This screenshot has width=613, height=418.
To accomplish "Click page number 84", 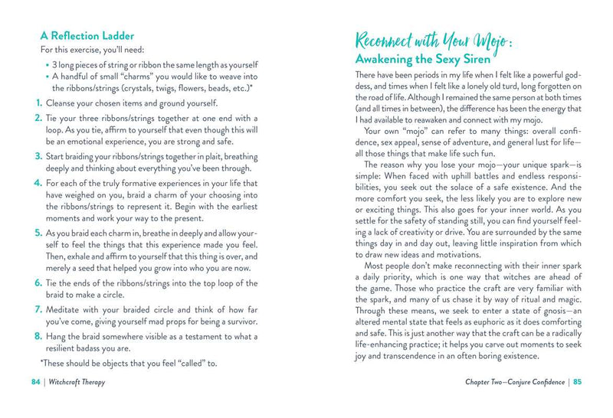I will [x=36, y=382].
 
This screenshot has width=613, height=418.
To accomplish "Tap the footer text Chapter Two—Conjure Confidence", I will [x=514, y=382].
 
